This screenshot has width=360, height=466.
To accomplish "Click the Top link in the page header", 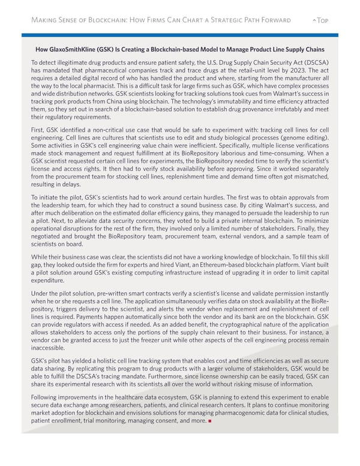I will (323, 20).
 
